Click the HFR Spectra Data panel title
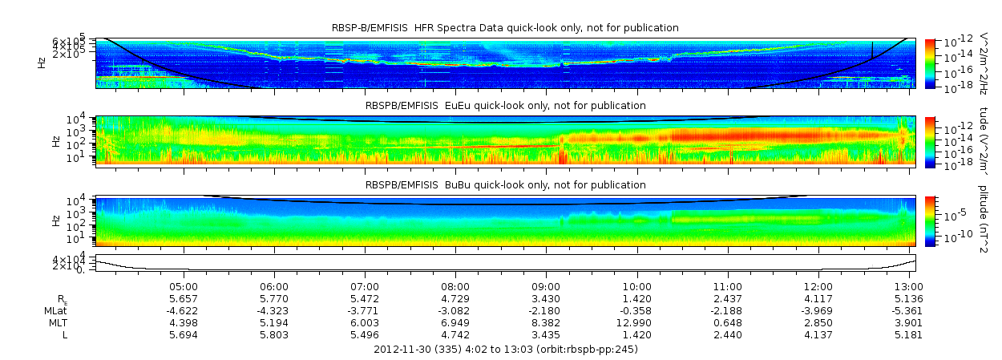click(505, 28)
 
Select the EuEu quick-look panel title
click(505, 105)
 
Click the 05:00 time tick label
click(184, 285)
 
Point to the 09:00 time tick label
click(546, 285)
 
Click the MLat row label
click(55, 310)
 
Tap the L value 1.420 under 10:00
click(636, 334)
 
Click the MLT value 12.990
click(636, 322)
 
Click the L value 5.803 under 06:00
click(274, 334)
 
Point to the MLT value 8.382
click(546, 322)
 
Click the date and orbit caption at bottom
click(506, 350)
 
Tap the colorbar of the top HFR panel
click(930, 63)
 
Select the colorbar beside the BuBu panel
click(930, 220)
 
